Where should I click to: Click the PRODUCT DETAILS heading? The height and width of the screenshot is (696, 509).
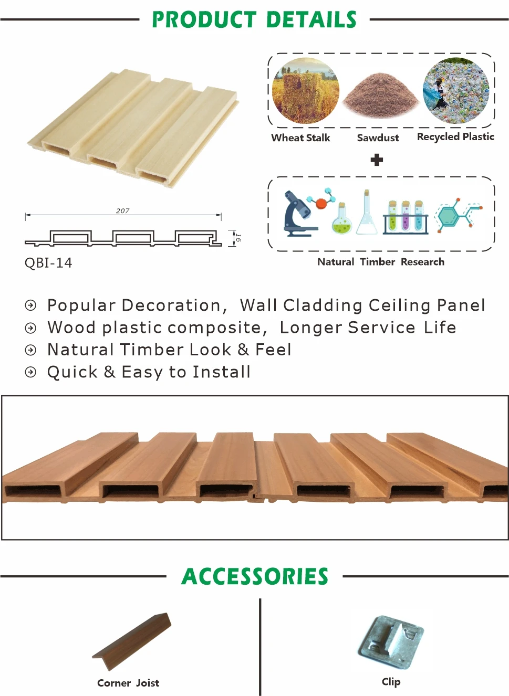pyautogui.click(x=254, y=20)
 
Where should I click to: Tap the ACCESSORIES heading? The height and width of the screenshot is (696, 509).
pyautogui.click(x=255, y=576)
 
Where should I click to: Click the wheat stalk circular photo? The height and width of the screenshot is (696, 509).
pyautogui.click(x=306, y=91)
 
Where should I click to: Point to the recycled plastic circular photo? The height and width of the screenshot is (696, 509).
pyautogui.click(x=455, y=91)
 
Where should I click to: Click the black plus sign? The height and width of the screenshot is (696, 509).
pyautogui.click(x=377, y=160)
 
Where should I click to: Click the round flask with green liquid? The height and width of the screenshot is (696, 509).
pyautogui.click(x=341, y=220)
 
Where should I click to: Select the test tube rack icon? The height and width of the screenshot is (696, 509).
pyautogui.click(x=405, y=216)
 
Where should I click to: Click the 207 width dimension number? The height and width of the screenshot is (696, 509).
pyautogui.click(x=122, y=210)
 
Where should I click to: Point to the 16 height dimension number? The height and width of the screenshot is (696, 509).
pyautogui.click(x=238, y=238)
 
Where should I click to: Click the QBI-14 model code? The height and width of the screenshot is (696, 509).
pyautogui.click(x=48, y=262)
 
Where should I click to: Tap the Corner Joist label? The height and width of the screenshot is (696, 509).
pyautogui.click(x=128, y=683)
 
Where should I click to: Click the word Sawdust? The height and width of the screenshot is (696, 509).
pyautogui.click(x=378, y=138)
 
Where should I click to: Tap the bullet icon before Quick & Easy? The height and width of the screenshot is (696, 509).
pyautogui.click(x=31, y=372)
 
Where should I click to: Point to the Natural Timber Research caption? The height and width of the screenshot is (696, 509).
pyautogui.click(x=381, y=261)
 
